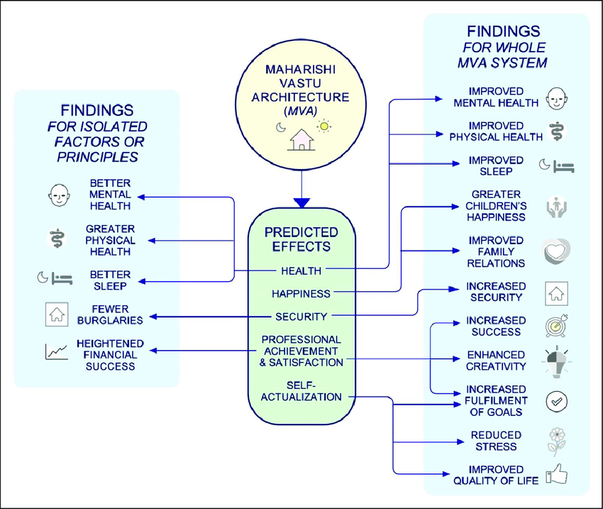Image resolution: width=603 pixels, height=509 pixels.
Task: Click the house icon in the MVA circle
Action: (301, 138)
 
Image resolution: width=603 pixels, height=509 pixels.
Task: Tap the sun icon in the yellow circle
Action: (324, 126)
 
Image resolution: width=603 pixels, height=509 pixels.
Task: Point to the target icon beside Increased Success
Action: (555, 326)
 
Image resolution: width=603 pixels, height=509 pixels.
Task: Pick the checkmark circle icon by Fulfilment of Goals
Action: (555, 401)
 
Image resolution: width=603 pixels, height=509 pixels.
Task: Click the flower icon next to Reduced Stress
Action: (556, 440)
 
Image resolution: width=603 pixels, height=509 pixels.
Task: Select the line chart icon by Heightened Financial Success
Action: (56, 351)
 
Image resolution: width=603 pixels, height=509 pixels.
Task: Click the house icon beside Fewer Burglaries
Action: (56, 314)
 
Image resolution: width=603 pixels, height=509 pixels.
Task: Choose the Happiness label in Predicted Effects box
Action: (301, 293)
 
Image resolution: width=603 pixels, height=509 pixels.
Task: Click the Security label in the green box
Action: (301, 316)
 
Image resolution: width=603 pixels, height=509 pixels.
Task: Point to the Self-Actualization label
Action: (301, 390)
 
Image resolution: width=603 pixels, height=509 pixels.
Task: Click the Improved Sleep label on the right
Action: (496, 165)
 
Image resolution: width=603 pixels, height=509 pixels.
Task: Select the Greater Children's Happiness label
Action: (496, 205)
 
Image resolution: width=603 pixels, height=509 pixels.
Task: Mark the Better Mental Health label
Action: (110, 194)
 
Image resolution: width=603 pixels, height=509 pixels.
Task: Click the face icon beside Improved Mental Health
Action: (556, 97)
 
